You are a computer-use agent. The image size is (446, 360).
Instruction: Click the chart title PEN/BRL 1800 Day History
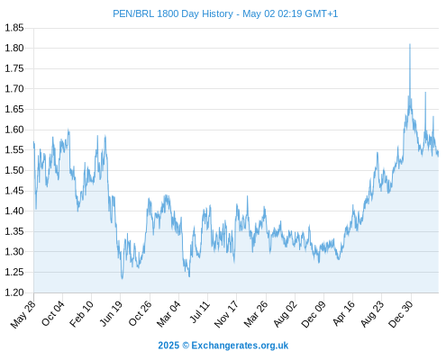(173, 13)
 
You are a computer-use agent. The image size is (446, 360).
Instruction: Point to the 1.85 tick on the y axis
(14, 28)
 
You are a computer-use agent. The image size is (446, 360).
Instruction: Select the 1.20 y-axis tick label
(14, 292)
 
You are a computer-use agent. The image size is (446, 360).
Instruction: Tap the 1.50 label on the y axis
(14, 170)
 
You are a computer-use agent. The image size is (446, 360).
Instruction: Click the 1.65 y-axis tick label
(14, 109)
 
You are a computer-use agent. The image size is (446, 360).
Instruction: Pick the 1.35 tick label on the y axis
(14, 231)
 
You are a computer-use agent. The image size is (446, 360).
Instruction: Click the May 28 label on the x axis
(23, 314)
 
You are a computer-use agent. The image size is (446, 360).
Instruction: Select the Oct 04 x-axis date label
(53, 313)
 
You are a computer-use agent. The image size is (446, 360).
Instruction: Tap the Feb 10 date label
(81, 314)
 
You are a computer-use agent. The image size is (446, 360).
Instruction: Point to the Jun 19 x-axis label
(111, 313)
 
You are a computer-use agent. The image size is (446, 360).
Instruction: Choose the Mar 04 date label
(168, 314)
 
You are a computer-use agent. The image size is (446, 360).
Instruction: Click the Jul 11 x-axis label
(200, 312)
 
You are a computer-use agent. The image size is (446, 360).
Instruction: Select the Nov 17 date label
(226, 314)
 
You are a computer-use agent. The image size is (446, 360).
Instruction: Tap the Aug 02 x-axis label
(286, 314)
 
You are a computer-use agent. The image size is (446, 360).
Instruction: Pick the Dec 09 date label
(314, 314)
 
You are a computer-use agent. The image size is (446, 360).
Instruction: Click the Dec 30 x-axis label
(401, 314)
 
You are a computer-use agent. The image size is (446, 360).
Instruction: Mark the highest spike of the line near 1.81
(410, 44)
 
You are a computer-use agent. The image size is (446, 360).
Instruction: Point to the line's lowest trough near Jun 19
(122, 279)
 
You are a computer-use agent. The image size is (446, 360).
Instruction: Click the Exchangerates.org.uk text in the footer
(240, 346)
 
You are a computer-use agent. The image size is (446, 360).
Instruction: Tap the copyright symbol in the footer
(186, 346)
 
